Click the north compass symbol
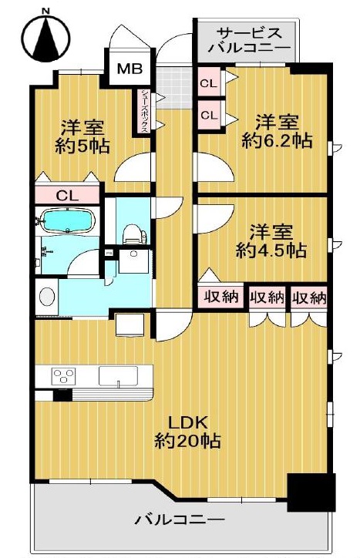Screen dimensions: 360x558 point(45,37)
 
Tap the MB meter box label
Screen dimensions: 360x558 point(130,69)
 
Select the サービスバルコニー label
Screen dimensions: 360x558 point(249,40)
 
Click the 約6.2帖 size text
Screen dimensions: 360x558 point(277,141)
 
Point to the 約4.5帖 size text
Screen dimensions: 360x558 point(271,251)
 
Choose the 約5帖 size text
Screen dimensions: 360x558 point(82,146)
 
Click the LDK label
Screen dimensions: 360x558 point(187,423)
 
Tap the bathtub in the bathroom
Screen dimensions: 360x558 point(68,220)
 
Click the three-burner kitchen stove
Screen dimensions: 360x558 point(64,376)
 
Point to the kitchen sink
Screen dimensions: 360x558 point(118,376)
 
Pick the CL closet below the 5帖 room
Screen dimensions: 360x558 point(67,195)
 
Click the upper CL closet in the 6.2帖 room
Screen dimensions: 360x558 point(209,84)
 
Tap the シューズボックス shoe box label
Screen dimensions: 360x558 point(146,110)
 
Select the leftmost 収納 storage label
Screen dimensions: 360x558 point(220,297)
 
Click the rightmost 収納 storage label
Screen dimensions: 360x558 point(308,297)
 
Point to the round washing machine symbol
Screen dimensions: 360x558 point(47,296)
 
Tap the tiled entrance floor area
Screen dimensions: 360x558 point(174,88)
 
